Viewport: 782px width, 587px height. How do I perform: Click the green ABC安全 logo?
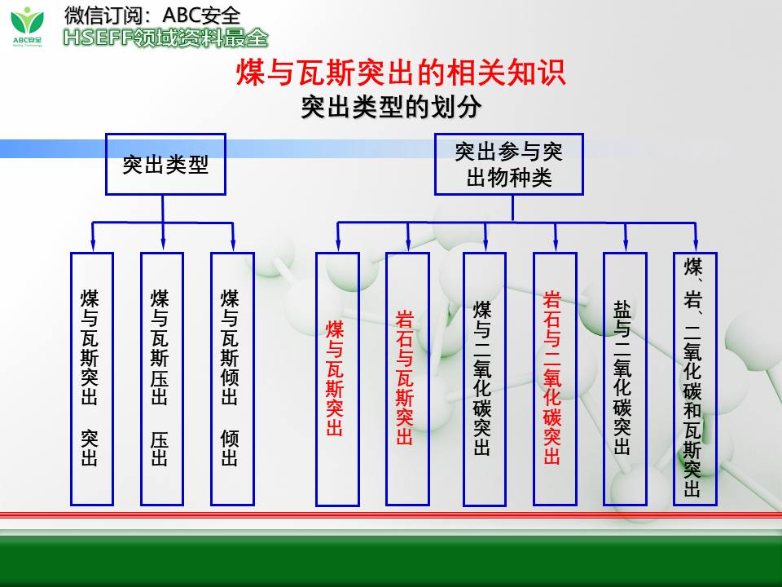(x=30, y=26)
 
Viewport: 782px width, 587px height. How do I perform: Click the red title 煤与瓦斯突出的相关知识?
(x=400, y=73)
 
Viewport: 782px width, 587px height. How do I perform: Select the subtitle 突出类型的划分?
(x=391, y=108)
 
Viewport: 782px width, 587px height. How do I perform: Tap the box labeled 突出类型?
(x=165, y=165)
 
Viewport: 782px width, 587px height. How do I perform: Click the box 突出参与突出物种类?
(x=508, y=165)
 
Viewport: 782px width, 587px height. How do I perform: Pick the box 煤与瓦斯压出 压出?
(x=161, y=378)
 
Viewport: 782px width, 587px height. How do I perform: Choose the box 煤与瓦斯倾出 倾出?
(x=231, y=378)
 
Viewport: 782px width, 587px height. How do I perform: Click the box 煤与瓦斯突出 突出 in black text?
(x=91, y=378)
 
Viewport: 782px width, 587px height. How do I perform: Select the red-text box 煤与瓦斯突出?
(x=337, y=378)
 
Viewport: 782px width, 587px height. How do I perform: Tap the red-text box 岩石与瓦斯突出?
(x=407, y=378)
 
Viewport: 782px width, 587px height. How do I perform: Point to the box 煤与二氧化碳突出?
(x=485, y=378)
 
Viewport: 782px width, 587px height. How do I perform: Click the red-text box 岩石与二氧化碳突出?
(x=555, y=378)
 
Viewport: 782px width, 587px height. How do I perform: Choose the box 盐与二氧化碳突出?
(x=625, y=378)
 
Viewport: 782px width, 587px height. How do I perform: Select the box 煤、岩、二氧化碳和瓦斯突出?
(x=695, y=378)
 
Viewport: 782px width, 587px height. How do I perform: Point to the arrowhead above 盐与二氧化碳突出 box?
(x=626, y=244)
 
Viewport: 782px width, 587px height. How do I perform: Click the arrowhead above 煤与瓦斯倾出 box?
(x=233, y=244)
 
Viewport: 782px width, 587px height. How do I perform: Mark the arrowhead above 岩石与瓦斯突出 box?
(x=408, y=244)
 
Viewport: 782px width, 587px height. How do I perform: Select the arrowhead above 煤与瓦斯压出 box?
(x=163, y=244)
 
